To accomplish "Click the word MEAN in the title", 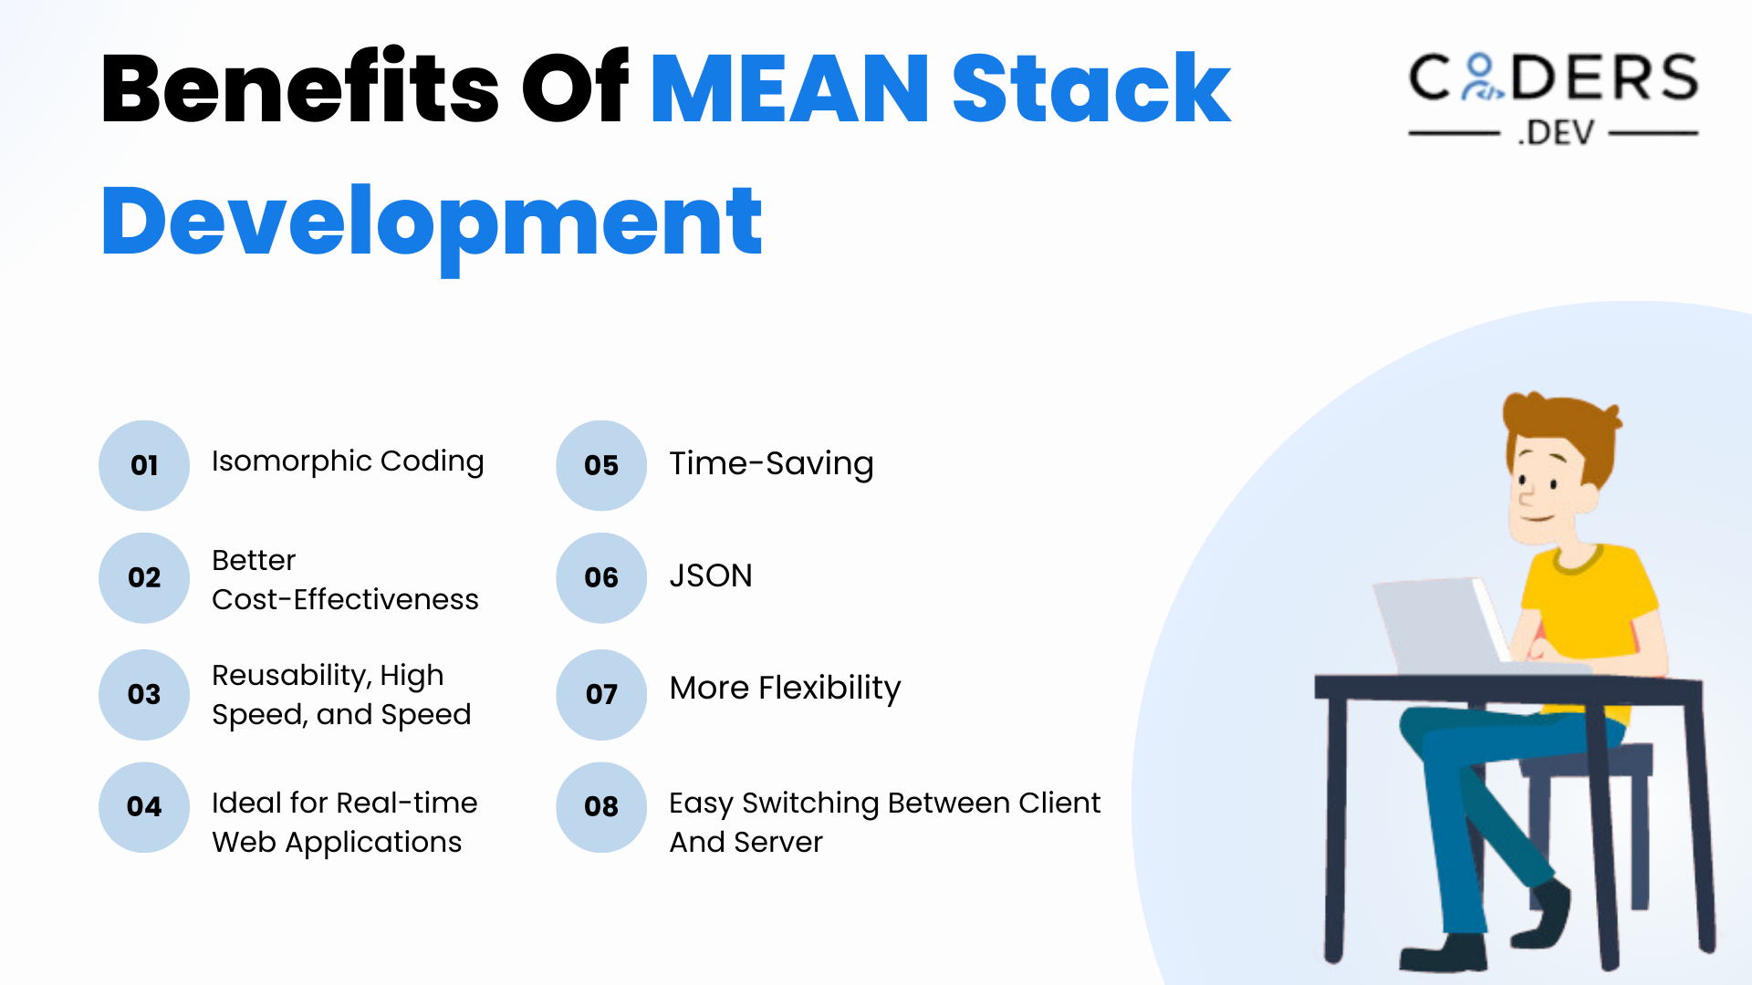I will [789, 89].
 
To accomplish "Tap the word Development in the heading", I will [431, 222].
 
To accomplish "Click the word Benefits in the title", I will [299, 89].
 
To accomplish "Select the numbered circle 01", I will [144, 465].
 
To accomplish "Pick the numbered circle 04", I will [144, 807].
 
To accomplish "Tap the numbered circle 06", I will [601, 578].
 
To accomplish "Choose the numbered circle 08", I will [601, 807].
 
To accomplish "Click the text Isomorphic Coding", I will [348, 461].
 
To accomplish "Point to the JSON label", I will [711, 575].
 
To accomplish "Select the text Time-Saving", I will [771, 463].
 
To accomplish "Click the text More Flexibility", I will [785, 688].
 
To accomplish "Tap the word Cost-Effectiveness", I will [345, 599].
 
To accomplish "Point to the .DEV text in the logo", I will [1557, 133].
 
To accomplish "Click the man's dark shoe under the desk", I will [1442, 953].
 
